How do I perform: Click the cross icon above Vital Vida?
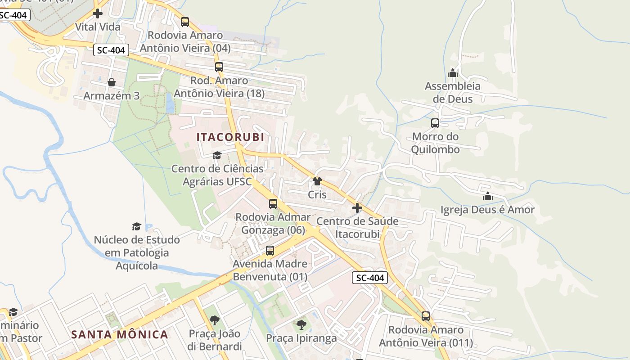[x=98, y=13]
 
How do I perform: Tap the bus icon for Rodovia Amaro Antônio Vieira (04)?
[x=184, y=22]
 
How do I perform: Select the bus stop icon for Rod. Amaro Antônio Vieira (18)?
[x=219, y=67]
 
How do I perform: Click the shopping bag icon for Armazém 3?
[x=111, y=82]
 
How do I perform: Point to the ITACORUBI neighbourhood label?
[x=230, y=137]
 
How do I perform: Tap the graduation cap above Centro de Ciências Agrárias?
[x=217, y=156]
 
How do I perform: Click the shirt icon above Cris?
[x=317, y=181]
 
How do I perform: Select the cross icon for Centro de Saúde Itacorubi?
[x=357, y=208]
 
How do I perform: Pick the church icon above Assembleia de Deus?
[x=453, y=72]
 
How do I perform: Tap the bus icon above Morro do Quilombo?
[x=435, y=123]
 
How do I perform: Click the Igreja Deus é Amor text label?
[x=487, y=210]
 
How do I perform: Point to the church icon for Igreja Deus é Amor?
[x=487, y=196]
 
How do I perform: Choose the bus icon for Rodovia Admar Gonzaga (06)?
[x=273, y=203]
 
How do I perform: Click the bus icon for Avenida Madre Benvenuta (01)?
[x=270, y=251]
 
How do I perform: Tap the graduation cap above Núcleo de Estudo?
[x=136, y=226]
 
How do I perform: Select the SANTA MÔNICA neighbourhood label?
[x=120, y=334]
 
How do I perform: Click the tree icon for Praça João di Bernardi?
[x=215, y=320]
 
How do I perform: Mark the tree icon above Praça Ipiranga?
[x=301, y=324]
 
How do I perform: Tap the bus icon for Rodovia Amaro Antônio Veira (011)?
[x=426, y=316]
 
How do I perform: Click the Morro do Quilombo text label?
[x=435, y=143]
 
